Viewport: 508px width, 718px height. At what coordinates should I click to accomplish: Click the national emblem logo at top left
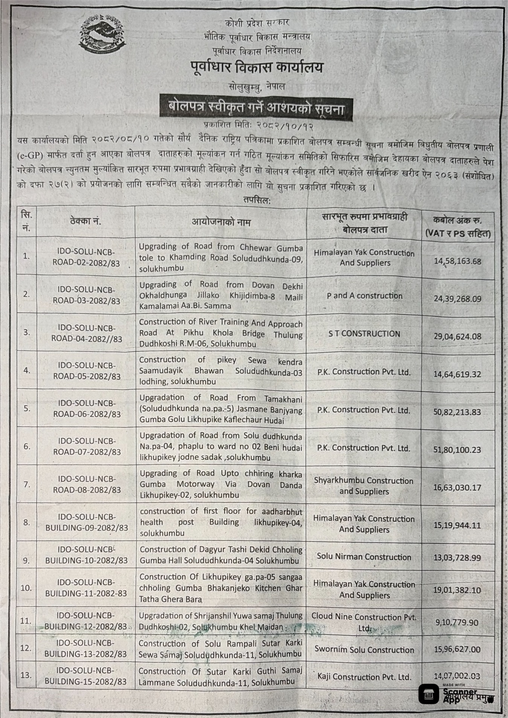102,35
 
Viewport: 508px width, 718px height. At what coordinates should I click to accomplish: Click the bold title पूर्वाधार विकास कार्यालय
256,68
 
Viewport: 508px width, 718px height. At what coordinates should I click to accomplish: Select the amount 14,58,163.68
458,261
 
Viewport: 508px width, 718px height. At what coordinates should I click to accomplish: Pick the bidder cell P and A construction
365,296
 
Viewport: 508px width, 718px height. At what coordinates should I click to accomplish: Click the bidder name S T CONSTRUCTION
364,334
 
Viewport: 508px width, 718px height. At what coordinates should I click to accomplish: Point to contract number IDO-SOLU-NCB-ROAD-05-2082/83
87,371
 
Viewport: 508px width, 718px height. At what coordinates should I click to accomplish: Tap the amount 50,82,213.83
457,412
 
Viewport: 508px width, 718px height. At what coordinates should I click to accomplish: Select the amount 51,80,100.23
457,450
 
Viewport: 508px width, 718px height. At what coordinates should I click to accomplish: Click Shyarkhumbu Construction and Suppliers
364,486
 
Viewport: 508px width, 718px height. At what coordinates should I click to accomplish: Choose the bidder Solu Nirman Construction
364,557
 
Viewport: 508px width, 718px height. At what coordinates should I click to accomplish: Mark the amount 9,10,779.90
457,622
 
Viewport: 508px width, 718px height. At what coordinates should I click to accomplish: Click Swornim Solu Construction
364,650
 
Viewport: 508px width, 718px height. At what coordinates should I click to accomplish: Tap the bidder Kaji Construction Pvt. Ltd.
364,677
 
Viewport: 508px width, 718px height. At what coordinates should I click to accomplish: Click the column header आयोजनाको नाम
221,222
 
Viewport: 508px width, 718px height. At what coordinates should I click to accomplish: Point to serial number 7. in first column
27,484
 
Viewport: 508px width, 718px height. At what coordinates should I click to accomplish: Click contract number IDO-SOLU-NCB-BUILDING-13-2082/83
86,649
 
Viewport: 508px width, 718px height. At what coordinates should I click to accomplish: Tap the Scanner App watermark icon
429,694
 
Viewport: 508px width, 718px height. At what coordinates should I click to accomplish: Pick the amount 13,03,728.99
457,558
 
